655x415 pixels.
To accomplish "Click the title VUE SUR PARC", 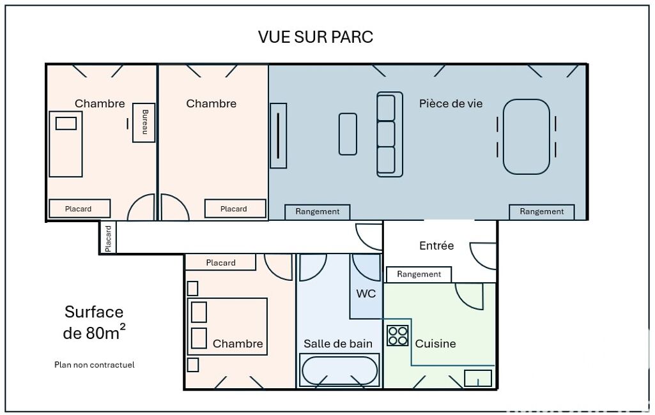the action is (x=316, y=37).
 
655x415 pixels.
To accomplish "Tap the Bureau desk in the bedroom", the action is (x=144, y=123).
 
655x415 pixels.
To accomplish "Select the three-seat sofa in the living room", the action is (x=390, y=135).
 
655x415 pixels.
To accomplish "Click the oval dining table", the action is (x=527, y=137).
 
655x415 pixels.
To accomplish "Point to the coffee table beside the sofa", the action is (x=348, y=134).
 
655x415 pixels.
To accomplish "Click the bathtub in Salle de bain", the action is (x=339, y=370).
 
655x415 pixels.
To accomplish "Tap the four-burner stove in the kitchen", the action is (x=397, y=336).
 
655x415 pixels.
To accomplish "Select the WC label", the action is (x=366, y=294).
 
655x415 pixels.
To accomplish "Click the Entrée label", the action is (x=436, y=246).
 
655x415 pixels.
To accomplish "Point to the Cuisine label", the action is (x=435, y=343).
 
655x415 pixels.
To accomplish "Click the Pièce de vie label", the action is (x=451, y=103).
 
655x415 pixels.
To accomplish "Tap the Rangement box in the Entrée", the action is (x=419, y=275).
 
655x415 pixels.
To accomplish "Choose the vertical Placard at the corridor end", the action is (x=108, y=238).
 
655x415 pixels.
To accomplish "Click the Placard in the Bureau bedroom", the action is (x=79, y=209).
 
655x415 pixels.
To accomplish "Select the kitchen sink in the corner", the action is (x=478, y=378).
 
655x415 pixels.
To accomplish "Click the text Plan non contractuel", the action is (x=95, y=365).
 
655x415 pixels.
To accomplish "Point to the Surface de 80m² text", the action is (x=94, y=322).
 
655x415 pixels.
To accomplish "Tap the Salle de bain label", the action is (x=338, y=343).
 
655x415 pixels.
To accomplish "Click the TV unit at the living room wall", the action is (x=278, y=136).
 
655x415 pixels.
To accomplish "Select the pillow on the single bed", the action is (x=66, y=124).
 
